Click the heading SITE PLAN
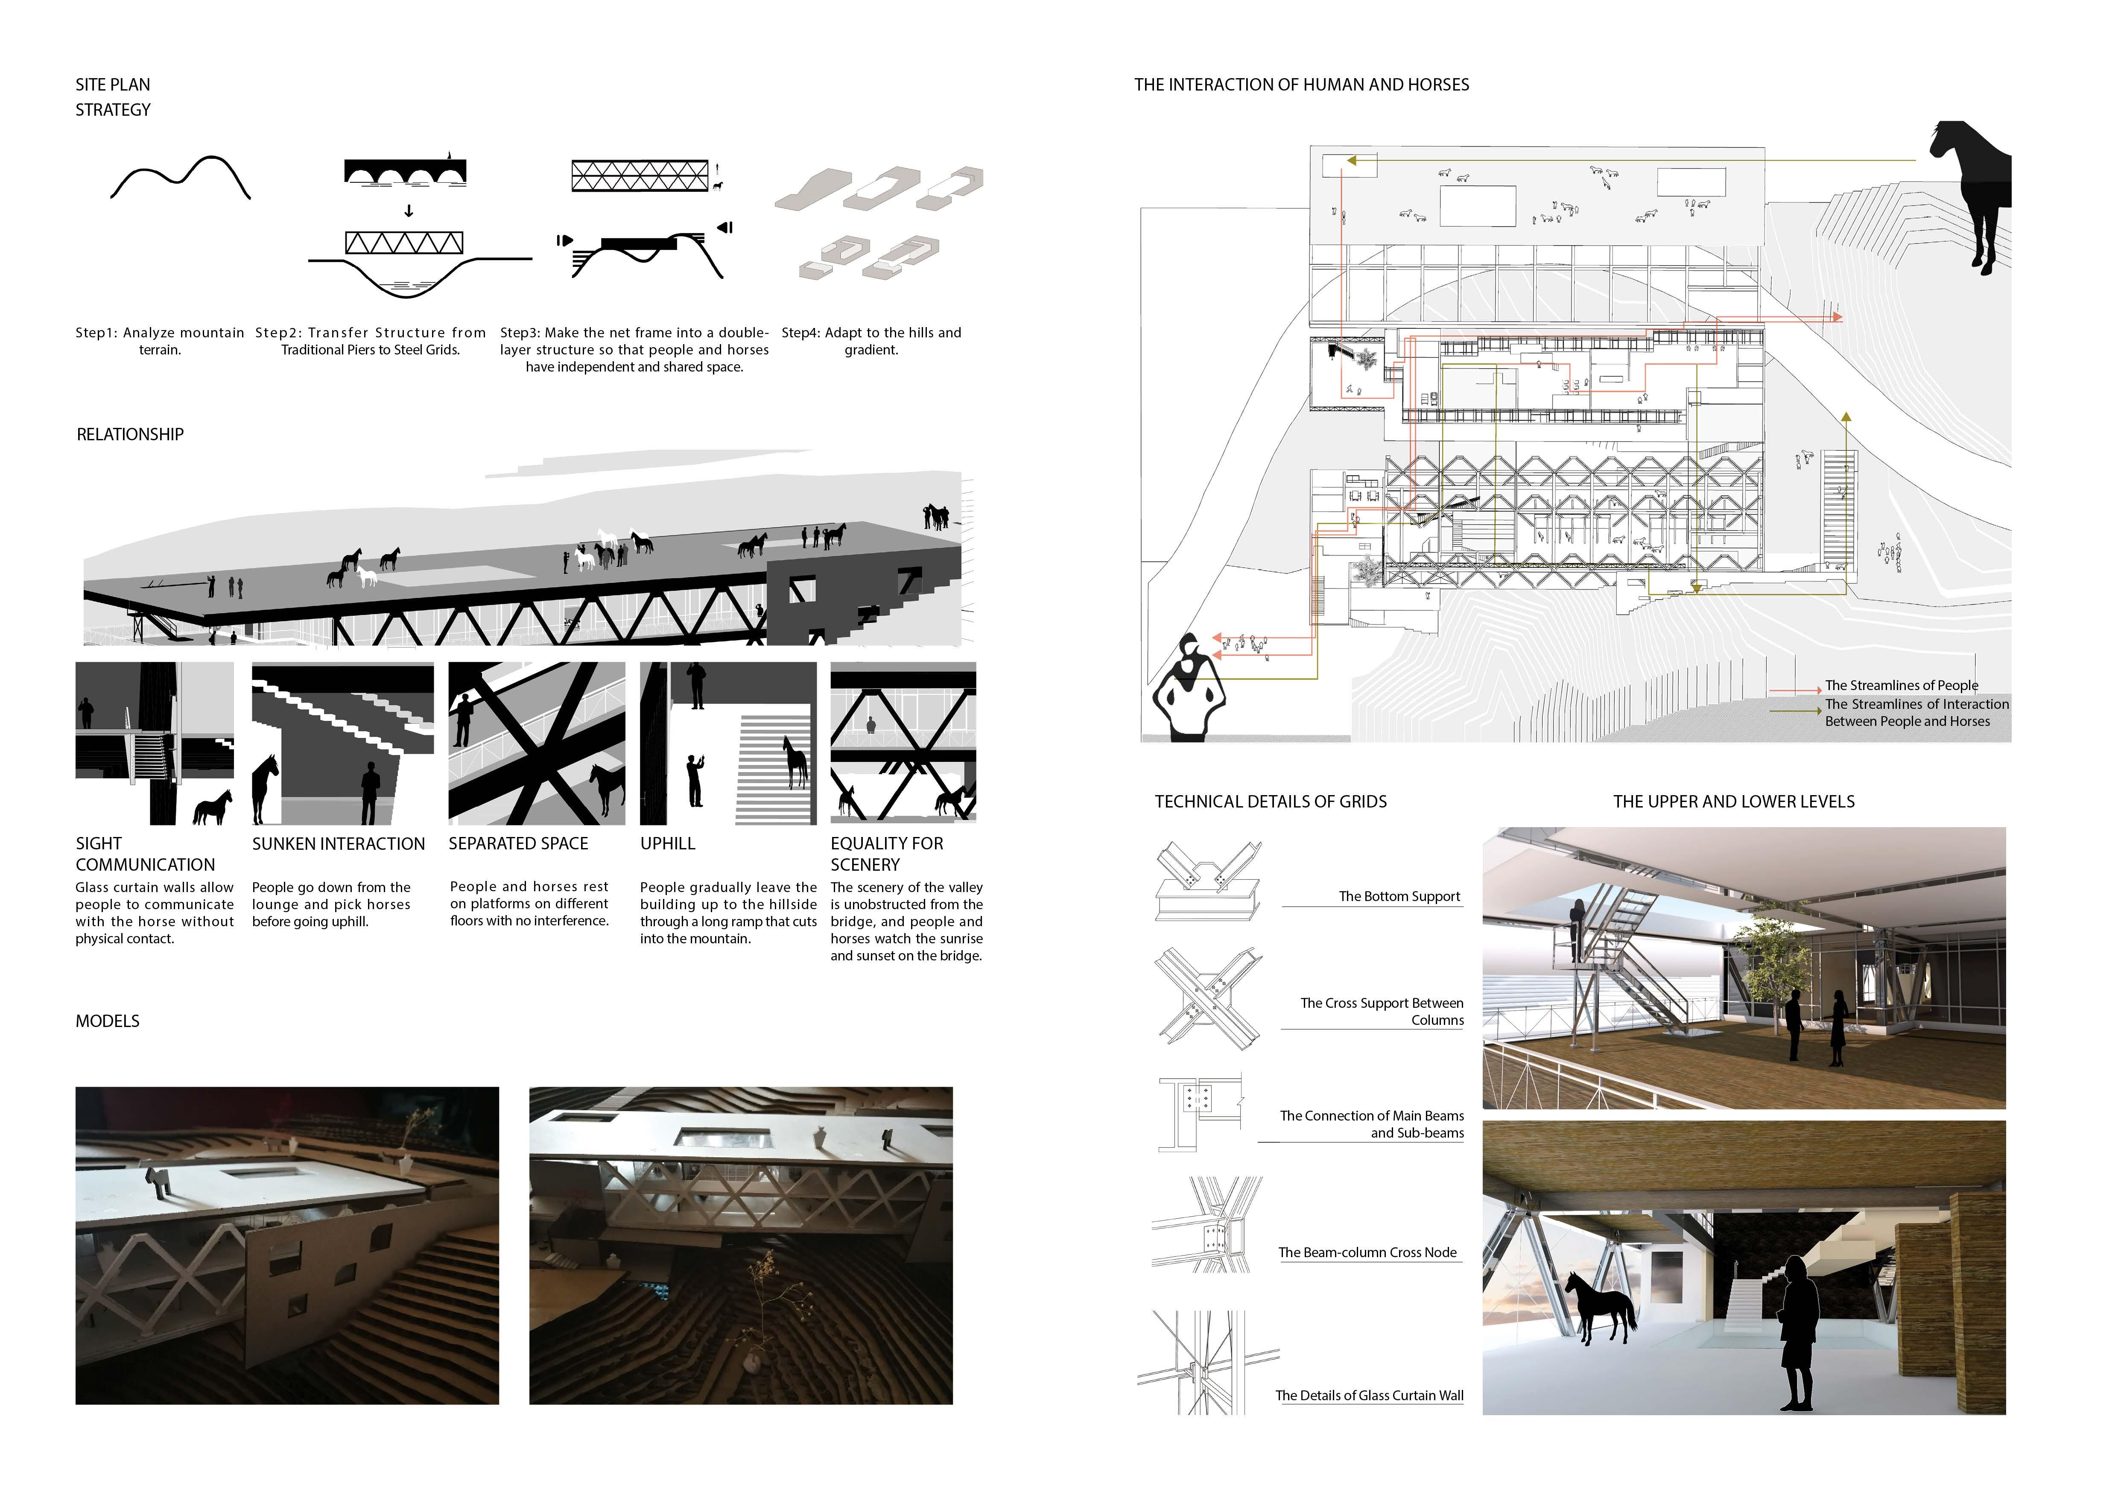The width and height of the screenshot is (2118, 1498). (113, 85)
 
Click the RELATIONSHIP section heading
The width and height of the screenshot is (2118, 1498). (130, 434)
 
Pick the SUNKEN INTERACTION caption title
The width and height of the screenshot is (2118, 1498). (339, 844)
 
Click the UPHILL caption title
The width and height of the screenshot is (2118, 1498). (668, 844)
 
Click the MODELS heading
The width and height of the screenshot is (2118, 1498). (108, 1021)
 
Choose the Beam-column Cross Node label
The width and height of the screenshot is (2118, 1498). (1367, 1252)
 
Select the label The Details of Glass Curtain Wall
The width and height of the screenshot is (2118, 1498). (1369, 1396)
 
